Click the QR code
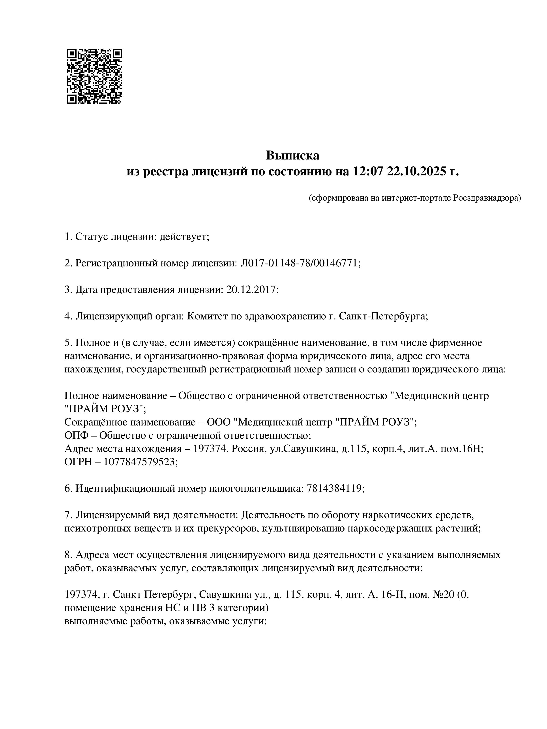pyautogui.click(x=94, y=76)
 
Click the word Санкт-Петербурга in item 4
pyautogui.click(x=383, y=316)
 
